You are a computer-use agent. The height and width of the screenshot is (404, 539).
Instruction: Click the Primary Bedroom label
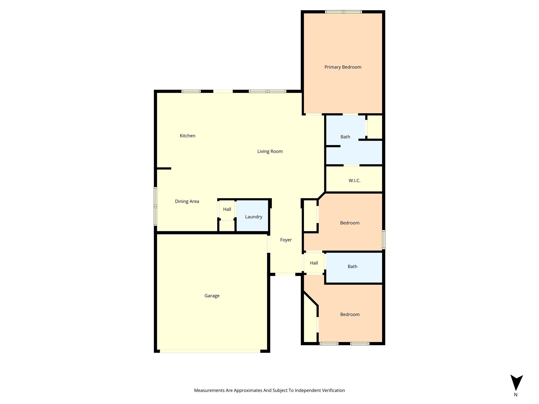(343, 67)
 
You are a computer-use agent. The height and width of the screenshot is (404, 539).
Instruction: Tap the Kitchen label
(187, 136)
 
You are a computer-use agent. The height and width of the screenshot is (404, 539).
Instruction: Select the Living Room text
(270, 151)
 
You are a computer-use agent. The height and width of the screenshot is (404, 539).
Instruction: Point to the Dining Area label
(187, 201)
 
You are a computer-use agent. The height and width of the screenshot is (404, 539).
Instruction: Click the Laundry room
(253, 217)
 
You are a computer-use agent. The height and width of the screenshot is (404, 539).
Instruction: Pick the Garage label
(212, 296)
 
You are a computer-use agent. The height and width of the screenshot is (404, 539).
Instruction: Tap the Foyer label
(286, 240)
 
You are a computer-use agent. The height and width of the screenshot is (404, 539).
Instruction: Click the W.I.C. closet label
(354, 180)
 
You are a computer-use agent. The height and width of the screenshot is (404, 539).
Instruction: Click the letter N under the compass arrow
(516, 395)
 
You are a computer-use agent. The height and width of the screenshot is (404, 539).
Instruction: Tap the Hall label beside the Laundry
(227, 209)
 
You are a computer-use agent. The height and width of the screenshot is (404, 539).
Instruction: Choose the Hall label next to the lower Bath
(314, 263)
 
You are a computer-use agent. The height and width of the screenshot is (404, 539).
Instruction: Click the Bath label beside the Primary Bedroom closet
(345, 137)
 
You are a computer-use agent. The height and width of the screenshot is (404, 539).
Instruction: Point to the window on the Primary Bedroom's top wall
(343, 12)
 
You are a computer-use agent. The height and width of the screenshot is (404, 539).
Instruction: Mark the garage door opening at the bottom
(210, 351)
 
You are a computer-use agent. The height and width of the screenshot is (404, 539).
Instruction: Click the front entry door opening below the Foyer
(285, 274)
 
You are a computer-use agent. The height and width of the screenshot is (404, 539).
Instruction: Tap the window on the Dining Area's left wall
(156, 206)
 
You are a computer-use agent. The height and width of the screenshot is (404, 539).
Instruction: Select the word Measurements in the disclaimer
(209, 390)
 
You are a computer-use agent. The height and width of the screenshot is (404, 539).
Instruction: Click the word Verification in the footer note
(333, 390)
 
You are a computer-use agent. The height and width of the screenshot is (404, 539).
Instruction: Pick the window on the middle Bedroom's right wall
(383, 240)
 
